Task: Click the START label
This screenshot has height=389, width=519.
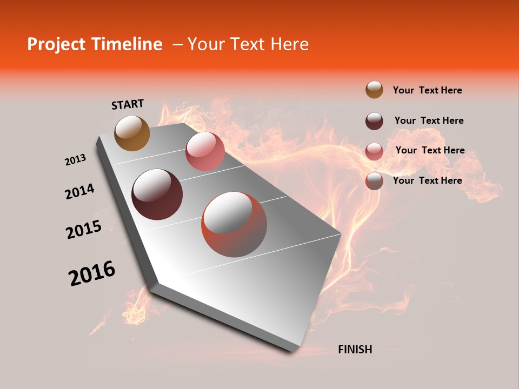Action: pyautogui.click(x=128, y=104)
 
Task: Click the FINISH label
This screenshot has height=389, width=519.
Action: pyautogui.click(x=355, y=350)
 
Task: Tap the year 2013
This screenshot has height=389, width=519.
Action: pyautogui.click(x=76, y=160)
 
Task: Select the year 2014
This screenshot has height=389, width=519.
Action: pyautogui.click(x=80, y=192)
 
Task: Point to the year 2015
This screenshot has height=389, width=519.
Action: pyautogui.click(x=84, y=230)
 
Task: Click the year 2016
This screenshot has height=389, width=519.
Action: pyautogui.click(x=92, y=273)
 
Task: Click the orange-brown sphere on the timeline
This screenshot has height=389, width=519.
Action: pyautogui.click(x=132, y=133)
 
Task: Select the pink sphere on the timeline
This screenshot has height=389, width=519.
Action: pyautogui.click(x=205, y=151)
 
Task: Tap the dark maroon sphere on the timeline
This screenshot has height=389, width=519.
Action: pyautogui.click(x=157, y=194)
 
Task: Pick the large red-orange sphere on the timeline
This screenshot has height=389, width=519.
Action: pyautogui.click(x=234, y=224)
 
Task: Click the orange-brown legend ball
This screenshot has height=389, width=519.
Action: pyautogui.click(x=374, y=90)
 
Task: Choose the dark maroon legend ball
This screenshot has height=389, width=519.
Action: pyautogui.click(x=374, y=121)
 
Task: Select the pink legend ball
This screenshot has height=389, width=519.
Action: pyautogui.click(x=374, y=151)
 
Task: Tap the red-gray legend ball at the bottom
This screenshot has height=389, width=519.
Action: pyautogui.click(x=374, y=182)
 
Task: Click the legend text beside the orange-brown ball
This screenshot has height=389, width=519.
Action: pyautogui.click(x=427, y=90)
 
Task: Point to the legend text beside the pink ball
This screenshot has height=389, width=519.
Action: pyautogui.click(x=430, y=150)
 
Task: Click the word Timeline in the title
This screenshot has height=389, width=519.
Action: pyautogui.click(x=127, y=44)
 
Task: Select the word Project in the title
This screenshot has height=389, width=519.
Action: pyautogui.click(x=56, y=44)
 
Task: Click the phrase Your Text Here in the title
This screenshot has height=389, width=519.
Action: pyautogui.click(x=248, y=44)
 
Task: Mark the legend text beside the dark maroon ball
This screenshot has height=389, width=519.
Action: pyautogui.click(x=429, y=120)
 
